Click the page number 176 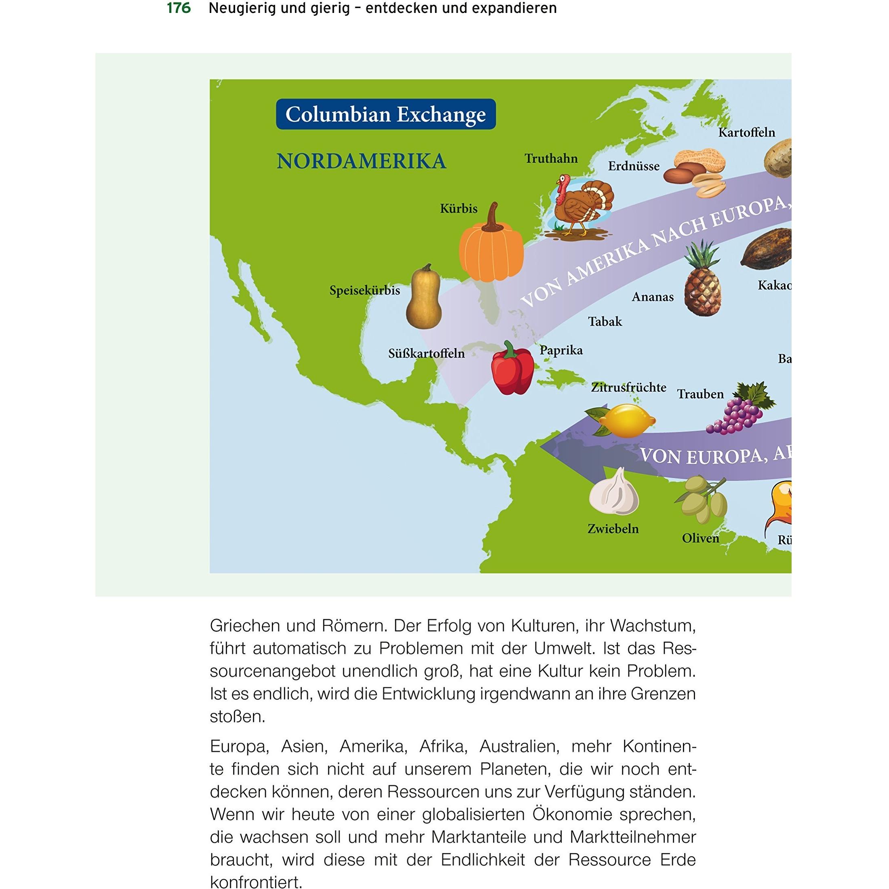(179, 8)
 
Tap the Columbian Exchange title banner (386, 114)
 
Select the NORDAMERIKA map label (361, 161)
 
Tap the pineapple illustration (702, 281)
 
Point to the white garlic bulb (614, 493)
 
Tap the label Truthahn (551, 159)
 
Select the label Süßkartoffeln (426, 354)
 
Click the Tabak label (605, 321)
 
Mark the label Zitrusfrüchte (628, 388)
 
